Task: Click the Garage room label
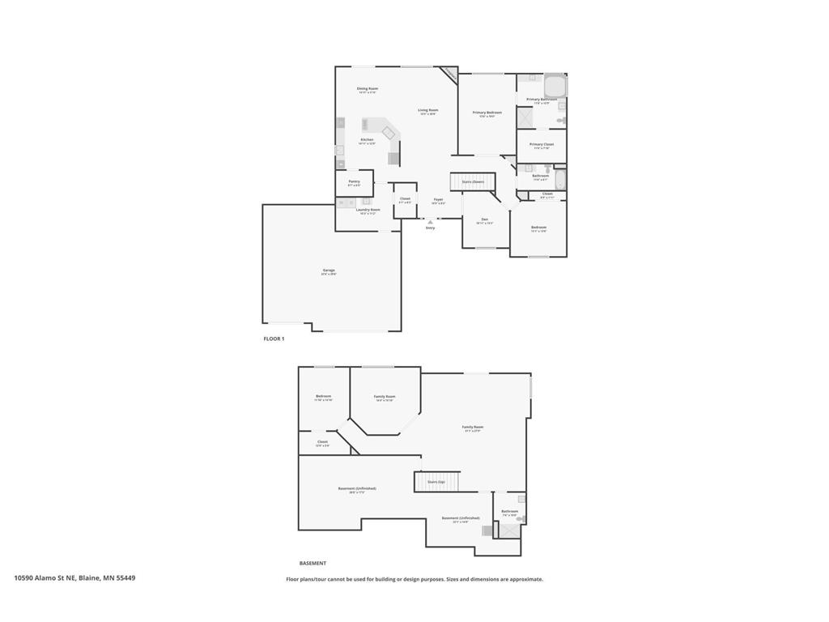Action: pyautogui.click(x=329, y=271)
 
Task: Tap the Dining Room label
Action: pyautogui.click(x=368, y=89)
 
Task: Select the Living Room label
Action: pyautogui.click(x=428, y=111)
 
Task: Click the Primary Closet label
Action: pyautogui.click(x=542, y=145)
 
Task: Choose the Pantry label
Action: pyautogui.click(x=355, y=182)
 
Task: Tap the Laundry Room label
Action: pyautogui.click(x=368, y=211)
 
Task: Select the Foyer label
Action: pyautogui.click(x=438, y=200)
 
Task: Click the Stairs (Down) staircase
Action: pyautogui.click(x=472, y=182)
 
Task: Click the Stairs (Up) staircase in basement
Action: pyautogui.click(x=436, y=482)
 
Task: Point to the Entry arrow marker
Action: pyautogui.click(x=430, y=221)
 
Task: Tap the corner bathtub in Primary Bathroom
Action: pyautogui.click(x=555, y=85)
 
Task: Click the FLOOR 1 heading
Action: pyautogui.click(x=274, y=339)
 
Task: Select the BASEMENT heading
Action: pyautogui.click(x=312, y=563)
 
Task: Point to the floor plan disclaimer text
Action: pyautogui.click(x=414, y=579)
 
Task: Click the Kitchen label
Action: pyautogui.click(x=368, y=140)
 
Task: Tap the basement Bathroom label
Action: pyautogui.click(x=509, y=512)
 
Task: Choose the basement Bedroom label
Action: pyautogui.click(x=324, y=397)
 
